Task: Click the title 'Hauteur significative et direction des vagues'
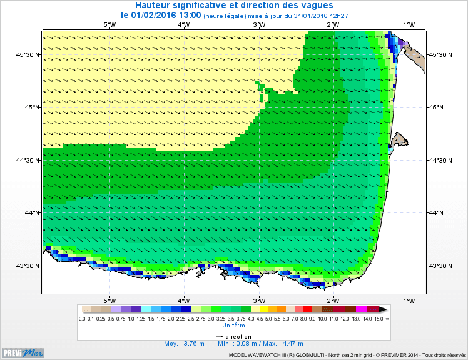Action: click(x=233, y=5)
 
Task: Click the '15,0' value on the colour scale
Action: click(x=379, y=319)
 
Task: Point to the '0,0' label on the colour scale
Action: click(x=82, y=319)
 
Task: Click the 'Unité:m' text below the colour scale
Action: click(x=234, y=325)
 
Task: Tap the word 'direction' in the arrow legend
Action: click(x=238, y=336)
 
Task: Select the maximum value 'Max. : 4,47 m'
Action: click(x=284, y=343)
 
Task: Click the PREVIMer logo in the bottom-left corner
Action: click(x=23, y=352)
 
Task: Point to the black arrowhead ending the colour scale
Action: click(x=383, y=309)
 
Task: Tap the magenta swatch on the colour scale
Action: click(x=361, y=309)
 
